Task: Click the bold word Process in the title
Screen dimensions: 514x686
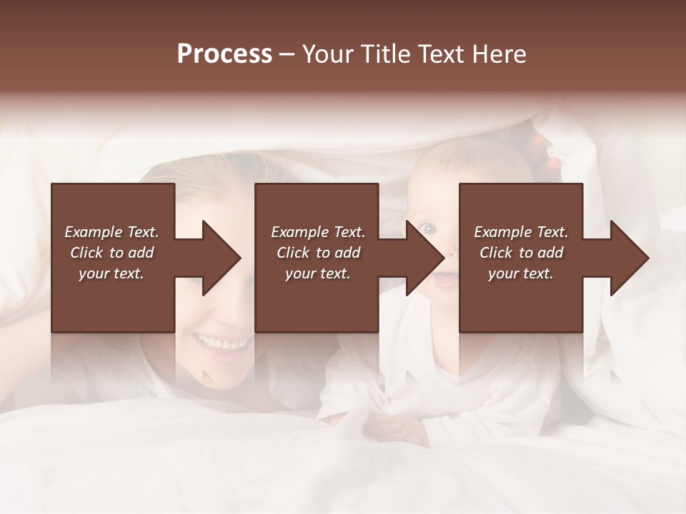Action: point(224,54)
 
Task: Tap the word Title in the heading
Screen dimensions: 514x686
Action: point(384,54)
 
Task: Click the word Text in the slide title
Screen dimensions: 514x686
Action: point(440,54)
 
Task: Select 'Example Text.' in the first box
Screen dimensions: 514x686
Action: point(111,232)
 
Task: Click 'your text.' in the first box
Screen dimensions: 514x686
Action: point(111,273)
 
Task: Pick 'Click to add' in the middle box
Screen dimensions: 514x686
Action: point(318,253)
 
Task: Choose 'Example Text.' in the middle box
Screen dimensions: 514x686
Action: point(318,232)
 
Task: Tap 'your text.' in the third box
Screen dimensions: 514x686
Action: point(521,273)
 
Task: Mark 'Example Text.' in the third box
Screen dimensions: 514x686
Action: point(521,232)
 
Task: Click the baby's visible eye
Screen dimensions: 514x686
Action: point(427,228)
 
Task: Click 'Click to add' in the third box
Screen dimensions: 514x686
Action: point(521,253)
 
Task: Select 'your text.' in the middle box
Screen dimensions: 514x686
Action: point(318,273)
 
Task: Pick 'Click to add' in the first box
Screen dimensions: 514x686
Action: point(111,253)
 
